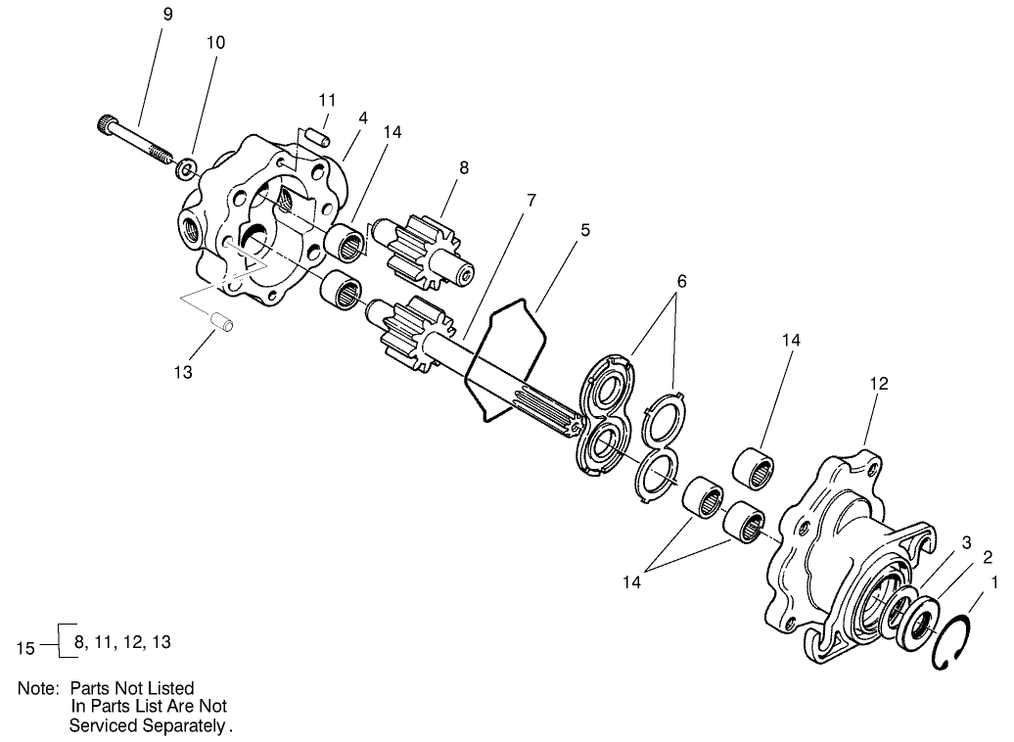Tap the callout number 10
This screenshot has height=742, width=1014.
click(x=215, y=43)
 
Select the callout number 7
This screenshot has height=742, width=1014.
click(x=530, y=200)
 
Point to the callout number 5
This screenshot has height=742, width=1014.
click(x=585, y=231)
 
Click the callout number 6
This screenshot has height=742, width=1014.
click(x=681, y=282)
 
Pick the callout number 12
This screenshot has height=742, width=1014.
click(x=878, y=384)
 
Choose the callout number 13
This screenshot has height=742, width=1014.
click(x=183, y=372)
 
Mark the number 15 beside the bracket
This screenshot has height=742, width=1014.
click(x=28, y=647)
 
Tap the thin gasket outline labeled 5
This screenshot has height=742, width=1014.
click(x=507, y=360)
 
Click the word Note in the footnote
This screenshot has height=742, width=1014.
click(x=37, y=688)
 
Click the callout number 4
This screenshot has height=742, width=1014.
click(x=362, y=117)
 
